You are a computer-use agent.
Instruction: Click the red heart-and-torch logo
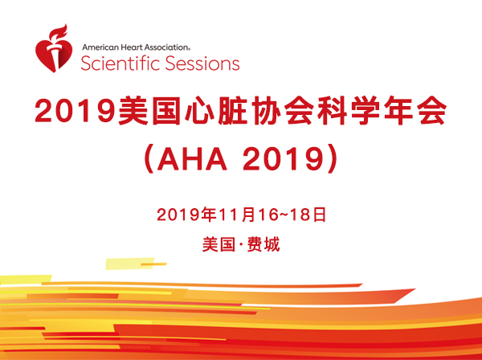(x=54, y=48)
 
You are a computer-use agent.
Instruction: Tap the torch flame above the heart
(x=59, y=31)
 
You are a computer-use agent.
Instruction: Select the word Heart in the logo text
(x=132, y=47)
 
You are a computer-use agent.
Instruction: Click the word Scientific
(x=120, y=63)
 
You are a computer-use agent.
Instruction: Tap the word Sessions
(x=202, y=63)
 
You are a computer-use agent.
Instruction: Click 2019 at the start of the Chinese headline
(x=75, y=110)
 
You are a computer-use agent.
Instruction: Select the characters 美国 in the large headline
(x=149, y=110)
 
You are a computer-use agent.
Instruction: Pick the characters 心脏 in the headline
(x=216, y=110)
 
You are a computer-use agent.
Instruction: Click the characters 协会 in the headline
(x=282, y=110)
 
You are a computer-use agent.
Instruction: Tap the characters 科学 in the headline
(x=349, y=110)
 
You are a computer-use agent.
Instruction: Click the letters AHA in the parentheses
(x=192, y=160)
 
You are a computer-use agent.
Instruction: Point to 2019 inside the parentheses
(x=283, y=160)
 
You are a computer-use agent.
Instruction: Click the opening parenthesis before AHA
(x=149, y=160)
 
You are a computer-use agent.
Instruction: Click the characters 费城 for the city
(x=263, y=245)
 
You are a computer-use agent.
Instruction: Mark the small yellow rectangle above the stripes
(x=129, y=264)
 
